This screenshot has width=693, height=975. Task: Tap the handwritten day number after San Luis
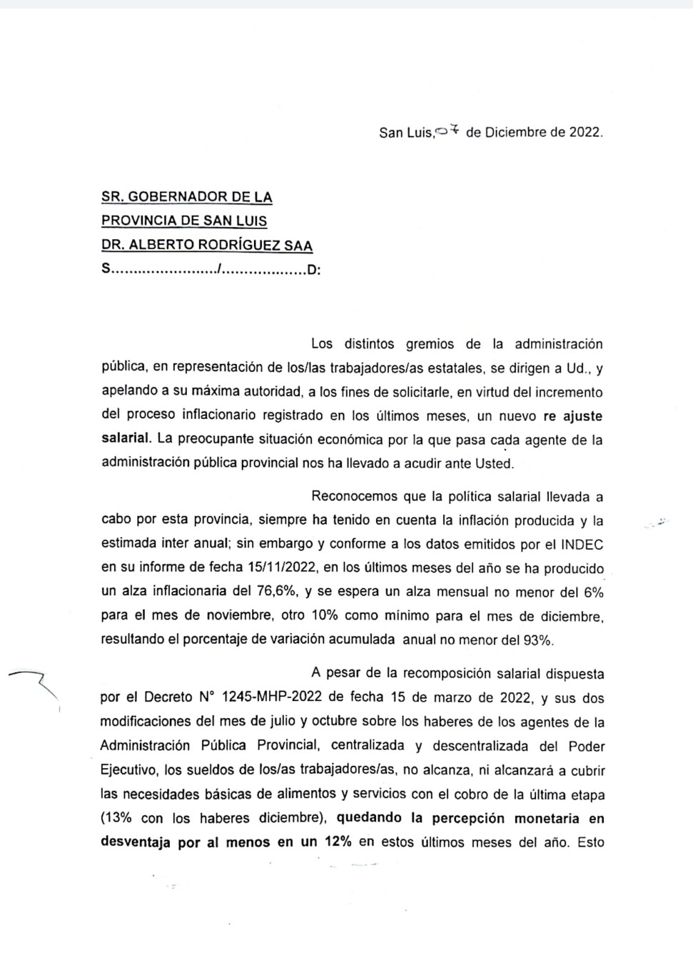click(447, 131)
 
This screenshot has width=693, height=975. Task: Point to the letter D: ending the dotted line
click(313, 271)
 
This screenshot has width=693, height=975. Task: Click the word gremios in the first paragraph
click(430, 344)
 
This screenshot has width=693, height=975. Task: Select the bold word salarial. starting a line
click(126, 440)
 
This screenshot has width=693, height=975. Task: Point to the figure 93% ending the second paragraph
click(537, 640)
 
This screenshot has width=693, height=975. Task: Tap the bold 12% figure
click(338, 842)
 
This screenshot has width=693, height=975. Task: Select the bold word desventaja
click(136, 842)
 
